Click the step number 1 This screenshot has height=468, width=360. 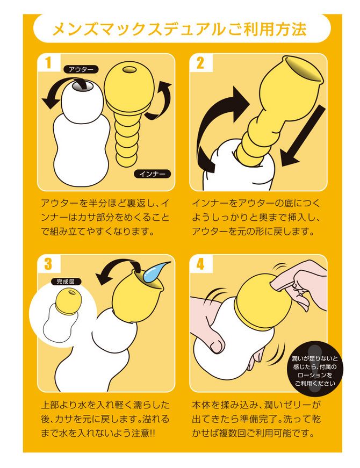(48, 63)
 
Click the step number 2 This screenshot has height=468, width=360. (200, 63)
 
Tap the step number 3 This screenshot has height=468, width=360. (48, 264)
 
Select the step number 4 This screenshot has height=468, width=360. (200, 264)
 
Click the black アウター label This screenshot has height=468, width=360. (81, 69)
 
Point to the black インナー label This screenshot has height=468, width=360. (152, 174)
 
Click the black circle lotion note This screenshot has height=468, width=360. (315, 370)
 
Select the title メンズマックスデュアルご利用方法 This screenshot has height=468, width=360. (179, 29)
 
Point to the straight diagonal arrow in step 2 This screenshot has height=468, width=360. (302, 136)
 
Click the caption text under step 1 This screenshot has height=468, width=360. (105, 218)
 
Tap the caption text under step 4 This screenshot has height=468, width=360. (256, 419)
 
